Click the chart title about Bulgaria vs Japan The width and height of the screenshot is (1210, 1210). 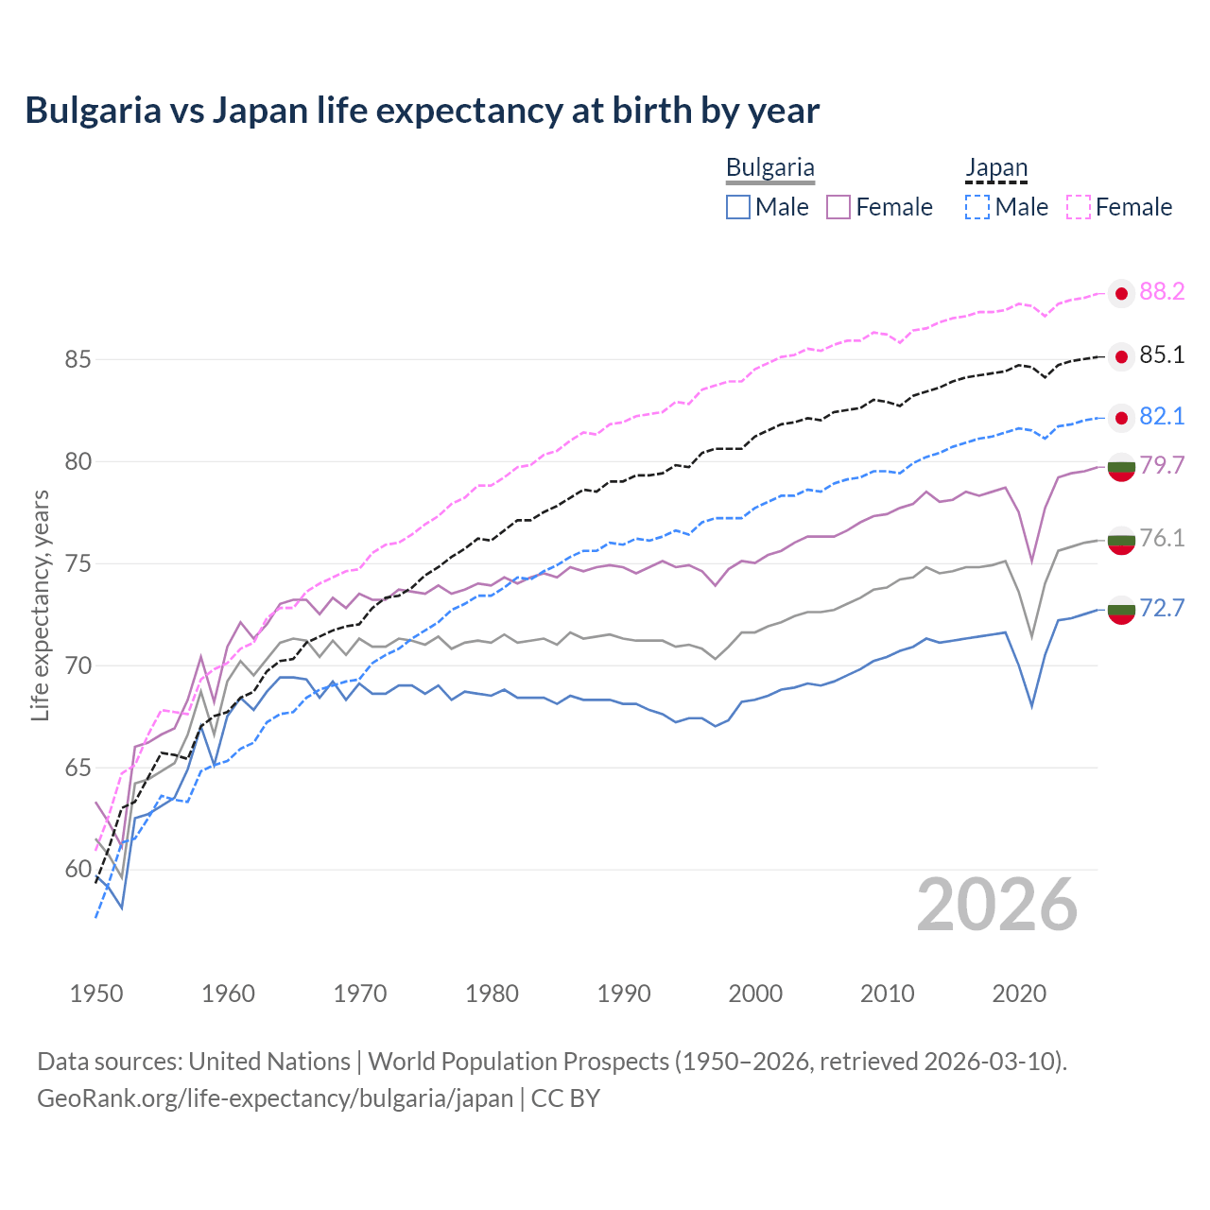click(422, 111)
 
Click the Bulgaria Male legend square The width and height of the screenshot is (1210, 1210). click(738, 207)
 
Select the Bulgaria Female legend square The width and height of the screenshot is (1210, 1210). click(838, 207)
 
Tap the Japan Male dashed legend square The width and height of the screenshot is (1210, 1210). click(977, 207)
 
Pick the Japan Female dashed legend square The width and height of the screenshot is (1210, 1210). click(1079, 207)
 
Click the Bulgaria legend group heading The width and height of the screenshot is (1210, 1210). click(769, 168)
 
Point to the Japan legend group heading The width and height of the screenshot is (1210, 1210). click(995, 168)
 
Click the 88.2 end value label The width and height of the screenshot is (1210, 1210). click(1162, 292)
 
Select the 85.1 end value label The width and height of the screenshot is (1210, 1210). click(1162, 355)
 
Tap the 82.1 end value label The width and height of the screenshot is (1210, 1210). click(1162, 417)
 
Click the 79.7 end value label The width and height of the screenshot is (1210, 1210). click(1162, 465)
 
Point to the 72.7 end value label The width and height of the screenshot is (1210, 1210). click(1162, 608)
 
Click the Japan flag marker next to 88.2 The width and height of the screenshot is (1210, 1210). click(1121, 294)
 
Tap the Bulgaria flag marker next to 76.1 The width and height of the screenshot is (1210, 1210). click(1121, 541)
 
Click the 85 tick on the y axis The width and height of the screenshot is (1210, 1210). click(78, 360)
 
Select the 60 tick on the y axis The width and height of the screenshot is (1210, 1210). click(78, 870)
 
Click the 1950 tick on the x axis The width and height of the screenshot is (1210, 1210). click(96, 994)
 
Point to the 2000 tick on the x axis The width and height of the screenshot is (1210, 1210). click(755, 994)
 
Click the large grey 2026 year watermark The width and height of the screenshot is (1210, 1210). click(996, 906)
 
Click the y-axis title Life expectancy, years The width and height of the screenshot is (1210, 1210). click(41, 605)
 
